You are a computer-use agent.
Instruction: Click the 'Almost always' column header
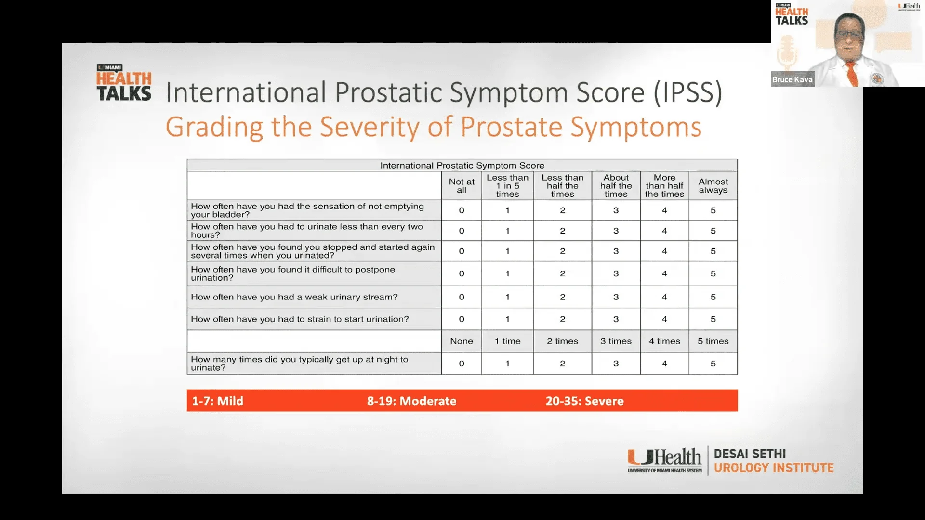[x=713, y=186]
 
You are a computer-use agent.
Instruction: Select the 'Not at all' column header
[x=462, y=186]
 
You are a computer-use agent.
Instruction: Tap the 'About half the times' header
[x=616, y=186]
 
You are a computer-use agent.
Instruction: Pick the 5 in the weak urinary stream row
[x=713, y=297]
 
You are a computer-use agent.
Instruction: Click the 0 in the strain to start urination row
[x=462, y=319]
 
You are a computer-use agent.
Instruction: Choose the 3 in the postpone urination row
[x=616, y=273]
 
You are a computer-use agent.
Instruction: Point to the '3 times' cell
[x=616, y=341]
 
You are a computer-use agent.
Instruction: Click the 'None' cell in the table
[x=462, y=341]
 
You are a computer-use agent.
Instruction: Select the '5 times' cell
[x=713, y=341]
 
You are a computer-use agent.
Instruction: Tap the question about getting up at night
[x=299, y=364]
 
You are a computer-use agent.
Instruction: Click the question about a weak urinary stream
[x=294, y=297]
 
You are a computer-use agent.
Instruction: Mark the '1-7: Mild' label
[x=217, y=401]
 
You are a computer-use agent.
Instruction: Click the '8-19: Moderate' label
[x=411, y=401]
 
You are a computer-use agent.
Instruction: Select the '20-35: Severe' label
[x=584, y=401]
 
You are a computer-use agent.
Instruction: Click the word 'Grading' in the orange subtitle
[x=214, y=128]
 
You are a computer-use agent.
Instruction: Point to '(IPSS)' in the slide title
[x=687, y=92]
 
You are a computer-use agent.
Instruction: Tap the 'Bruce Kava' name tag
[x=793, y=79]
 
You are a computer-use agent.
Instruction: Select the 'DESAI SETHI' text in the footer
[x=750, y=454]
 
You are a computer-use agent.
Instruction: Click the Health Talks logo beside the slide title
[x=124, y=83]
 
